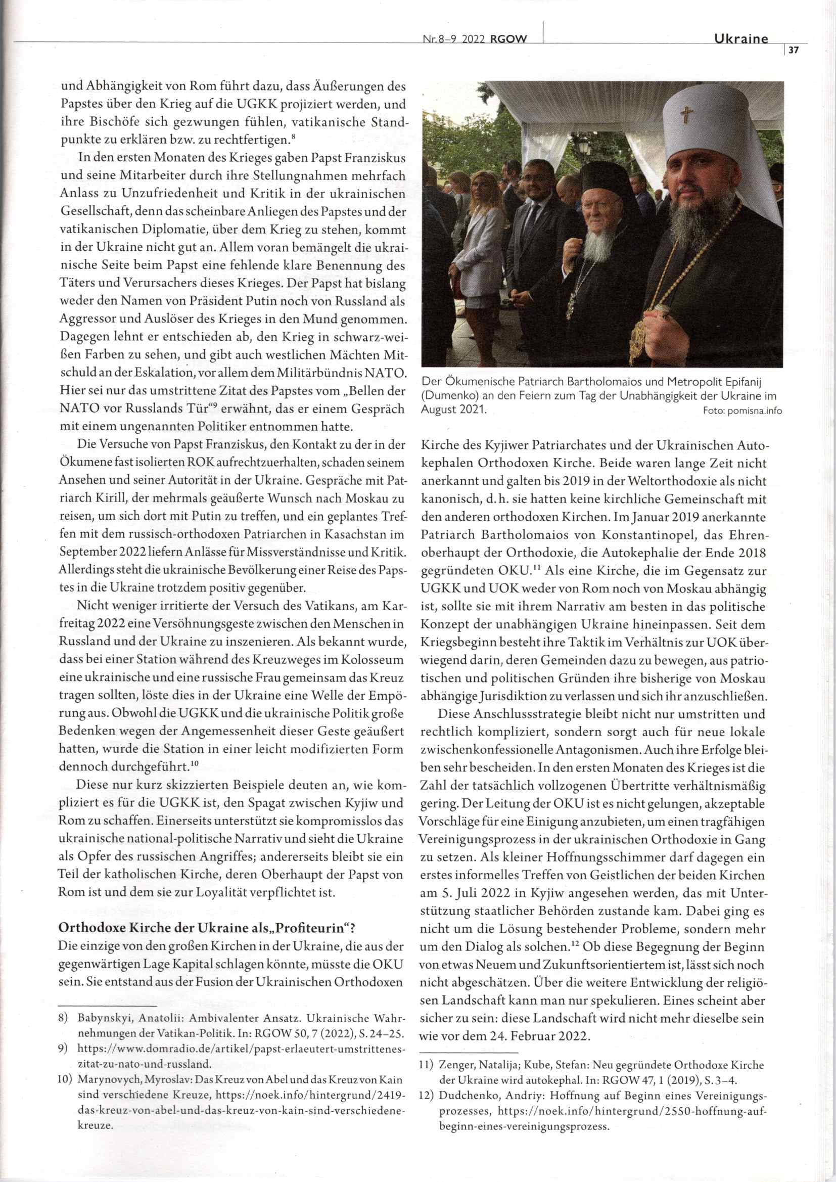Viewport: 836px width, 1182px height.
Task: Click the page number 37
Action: pyautogui.click(x=793, y=51)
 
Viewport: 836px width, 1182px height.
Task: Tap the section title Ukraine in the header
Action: pyautogui.click(x=741, y=39)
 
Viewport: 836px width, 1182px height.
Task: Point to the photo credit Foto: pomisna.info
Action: pyautogui.click(x=742, y=411)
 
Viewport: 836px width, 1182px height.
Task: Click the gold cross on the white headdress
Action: pyautogui.click(x=686, y=113)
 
